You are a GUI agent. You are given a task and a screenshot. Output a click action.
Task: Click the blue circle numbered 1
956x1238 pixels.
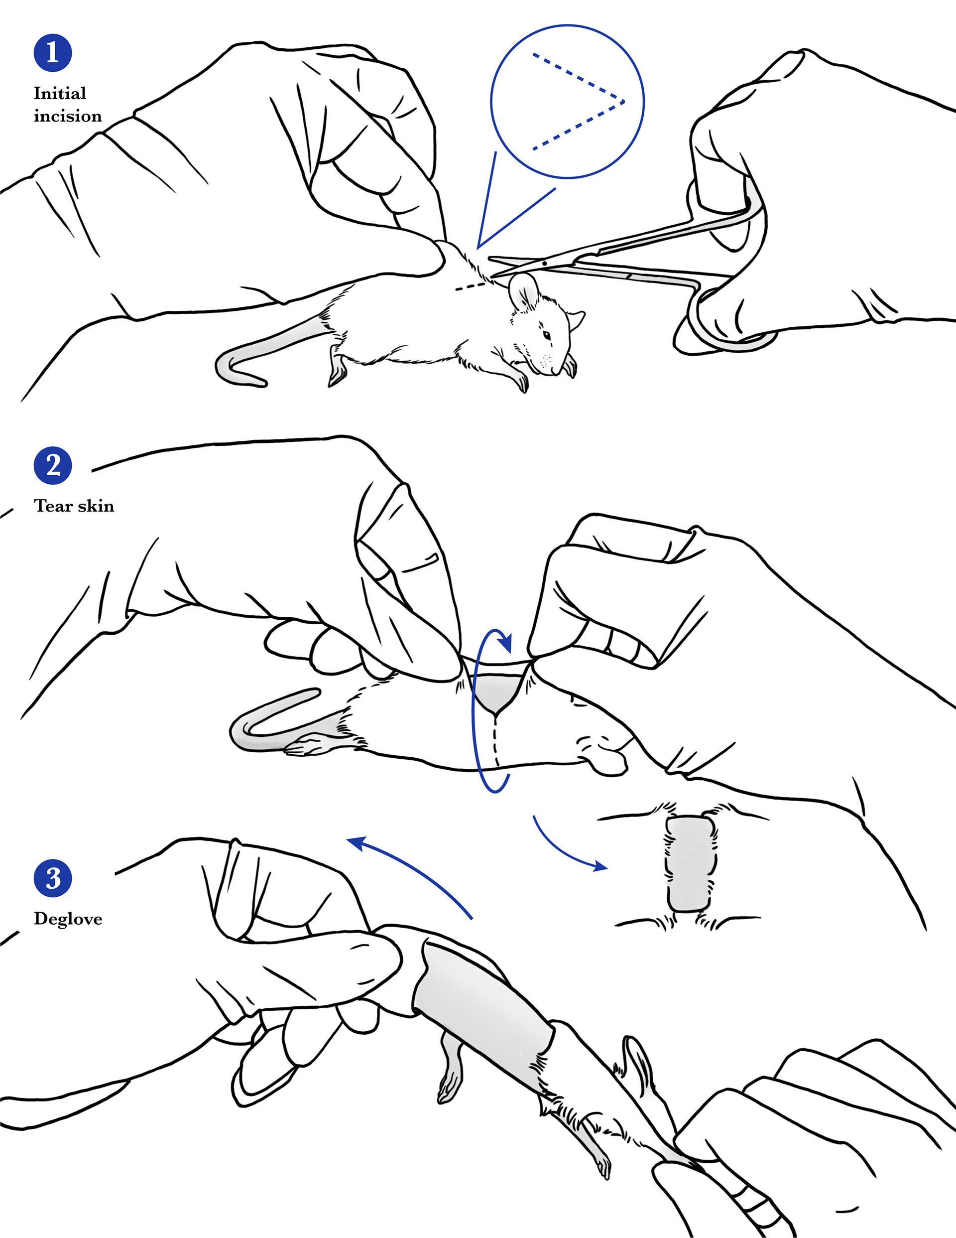point(52,53)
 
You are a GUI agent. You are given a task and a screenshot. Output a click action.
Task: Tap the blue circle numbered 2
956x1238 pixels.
point(52,465)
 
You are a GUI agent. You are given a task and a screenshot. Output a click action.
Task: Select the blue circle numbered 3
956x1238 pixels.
point(52,878)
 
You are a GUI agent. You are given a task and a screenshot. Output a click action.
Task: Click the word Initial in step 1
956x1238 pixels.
point(60,93)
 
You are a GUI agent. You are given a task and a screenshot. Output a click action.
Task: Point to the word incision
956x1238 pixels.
point(67,116)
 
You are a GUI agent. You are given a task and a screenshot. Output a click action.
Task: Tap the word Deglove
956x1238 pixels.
point(67,919)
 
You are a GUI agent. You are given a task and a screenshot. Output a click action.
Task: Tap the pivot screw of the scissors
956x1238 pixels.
point(543,263)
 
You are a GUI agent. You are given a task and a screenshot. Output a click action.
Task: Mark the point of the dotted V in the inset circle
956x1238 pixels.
point(623,103)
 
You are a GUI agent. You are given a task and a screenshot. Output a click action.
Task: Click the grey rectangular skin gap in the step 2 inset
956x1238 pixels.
point(689,864)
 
